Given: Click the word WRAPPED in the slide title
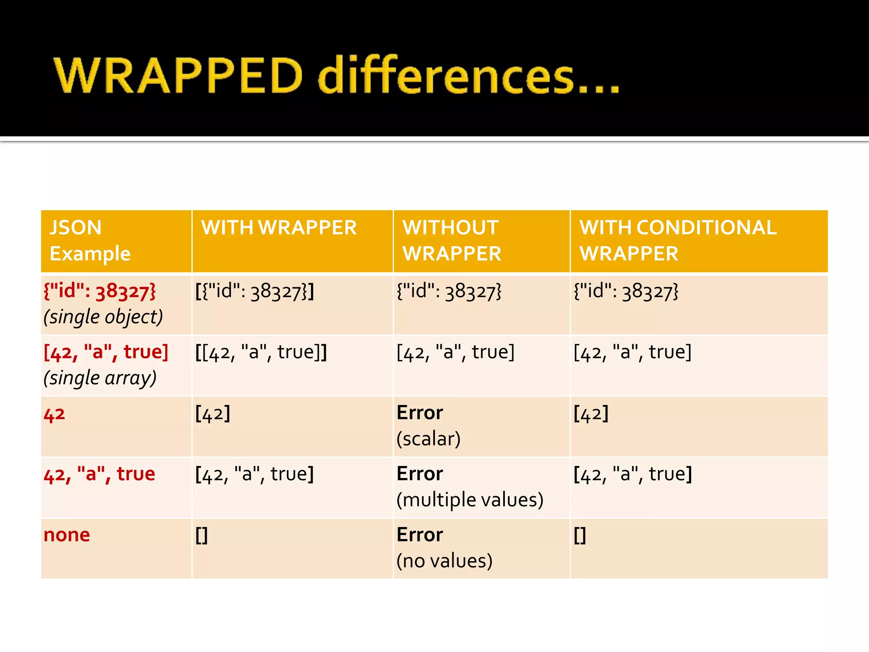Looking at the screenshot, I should pyautogui.click(x=178, y=76).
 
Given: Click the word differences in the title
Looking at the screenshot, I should pyautogui.click(x=446, y=76).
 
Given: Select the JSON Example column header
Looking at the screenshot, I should pyautogui.click(x=90, y=240).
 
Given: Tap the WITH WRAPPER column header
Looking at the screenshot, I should pyautogui.click(x=279, y=228).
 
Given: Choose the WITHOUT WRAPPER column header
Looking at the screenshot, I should pyautogui.click(x=452, y=240).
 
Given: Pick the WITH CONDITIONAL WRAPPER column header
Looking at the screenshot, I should pyautogui.click(x=678, y=240).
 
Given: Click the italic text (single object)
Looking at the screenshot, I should pyautogui.click(x=103, y=317).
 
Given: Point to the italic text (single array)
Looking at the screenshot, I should pyautogui.click(x=100, y=378).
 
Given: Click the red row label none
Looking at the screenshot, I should pyautogui.click(x=67, y=535).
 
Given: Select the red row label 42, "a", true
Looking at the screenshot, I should pyautogui.click(x=99, y=474).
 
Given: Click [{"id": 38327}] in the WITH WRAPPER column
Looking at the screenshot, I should pyautogui.click(x=255, y=291).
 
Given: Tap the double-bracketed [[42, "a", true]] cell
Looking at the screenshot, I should pyautogui.click(x=261, y=352).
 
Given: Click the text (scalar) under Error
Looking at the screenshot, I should pyautogui.click(x=428, y=439).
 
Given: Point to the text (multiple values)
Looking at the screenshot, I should pyautogui.click(x=470, y=500).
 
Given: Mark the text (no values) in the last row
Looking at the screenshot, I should pyautogui.click(x=444, y=561).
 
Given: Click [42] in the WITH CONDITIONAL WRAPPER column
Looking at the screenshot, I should pyautogui.click(x=591, y=413).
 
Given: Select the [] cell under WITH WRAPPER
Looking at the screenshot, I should pyautogui.click(x=202, y=535).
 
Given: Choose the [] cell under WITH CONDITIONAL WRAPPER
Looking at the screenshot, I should pyautogui.click(x=580, y=535).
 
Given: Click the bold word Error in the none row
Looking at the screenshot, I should pyautogui.click(x=420, y=535).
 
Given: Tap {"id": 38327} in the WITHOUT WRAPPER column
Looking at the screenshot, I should pyautogui.click(x=449, y=291).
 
